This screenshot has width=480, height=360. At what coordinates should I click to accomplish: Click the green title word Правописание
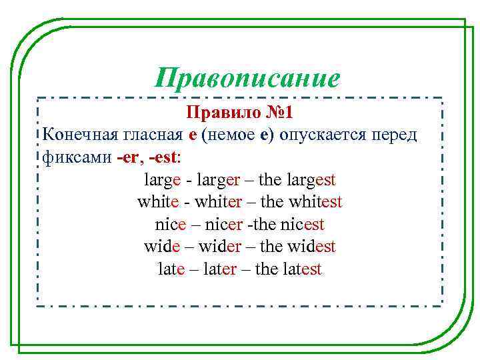tap(247, 78)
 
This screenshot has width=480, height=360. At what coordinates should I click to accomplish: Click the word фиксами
tap(72, 157)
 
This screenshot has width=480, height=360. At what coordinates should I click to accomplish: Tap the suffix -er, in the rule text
tap(129, 157)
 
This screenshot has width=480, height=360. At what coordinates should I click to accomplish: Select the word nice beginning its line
tap(170, 224)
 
